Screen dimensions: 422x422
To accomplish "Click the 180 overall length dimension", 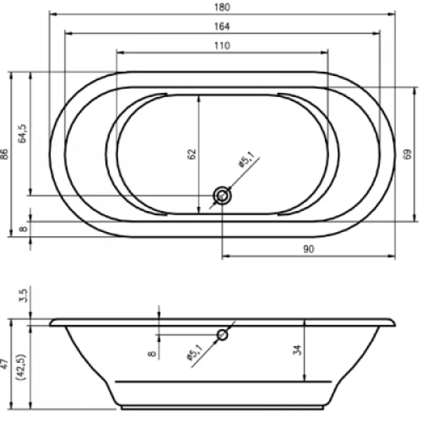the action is pyautogui.click(x=222, y=7).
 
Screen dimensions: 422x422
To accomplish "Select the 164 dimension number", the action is pyautogui.click(x=222, y=26).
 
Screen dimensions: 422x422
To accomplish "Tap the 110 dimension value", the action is pyautogui.click(x=222, y=45).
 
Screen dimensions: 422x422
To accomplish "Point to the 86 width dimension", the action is pyautogui.click(x=5, y=154).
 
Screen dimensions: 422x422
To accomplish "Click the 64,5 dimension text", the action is pyautogui.click(x=22, y=133).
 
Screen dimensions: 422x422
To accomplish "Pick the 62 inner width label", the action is pyautogui.click(x=191, y=154).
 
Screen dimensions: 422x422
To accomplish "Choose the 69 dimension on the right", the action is pyautogui.click(x=407, y=154).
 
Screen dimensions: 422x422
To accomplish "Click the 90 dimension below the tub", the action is pyautogui.click(x=309, y=249).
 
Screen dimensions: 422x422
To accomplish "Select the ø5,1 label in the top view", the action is pyautogui.click(x=246, y=160).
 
